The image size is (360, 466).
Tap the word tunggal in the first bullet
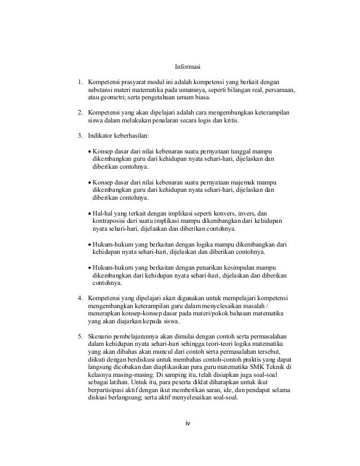(x=255, y=152)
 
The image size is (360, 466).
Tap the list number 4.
(x=80, y=297)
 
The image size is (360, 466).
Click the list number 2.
(x=80, y=113)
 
